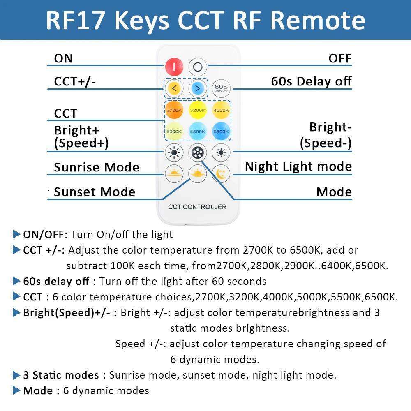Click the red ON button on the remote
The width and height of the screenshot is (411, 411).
point(174,67)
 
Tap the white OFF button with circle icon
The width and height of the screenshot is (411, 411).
point(198,67)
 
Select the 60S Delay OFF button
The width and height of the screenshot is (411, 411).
point(221,87)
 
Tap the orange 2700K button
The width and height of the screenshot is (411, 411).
point(174,110)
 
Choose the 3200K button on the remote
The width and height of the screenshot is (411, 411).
point(198,110)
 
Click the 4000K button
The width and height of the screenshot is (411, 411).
point(221,110)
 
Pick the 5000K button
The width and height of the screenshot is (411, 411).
point(174,131)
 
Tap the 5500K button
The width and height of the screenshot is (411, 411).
point(198,131)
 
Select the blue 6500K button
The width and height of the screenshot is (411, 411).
point(221,131)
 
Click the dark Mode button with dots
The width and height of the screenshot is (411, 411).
point(198,153)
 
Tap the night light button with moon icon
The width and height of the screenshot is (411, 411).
point(221,174)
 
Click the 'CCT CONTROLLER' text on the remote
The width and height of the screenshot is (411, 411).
point(197,207)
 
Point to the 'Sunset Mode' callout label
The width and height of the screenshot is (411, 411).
point(95,192)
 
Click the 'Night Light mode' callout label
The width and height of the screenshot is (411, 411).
point(298,167)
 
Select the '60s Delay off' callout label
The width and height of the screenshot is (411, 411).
point(311,81)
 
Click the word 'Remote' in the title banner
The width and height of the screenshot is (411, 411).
point(318,20)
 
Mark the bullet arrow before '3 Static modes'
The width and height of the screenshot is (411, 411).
point(16,375)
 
